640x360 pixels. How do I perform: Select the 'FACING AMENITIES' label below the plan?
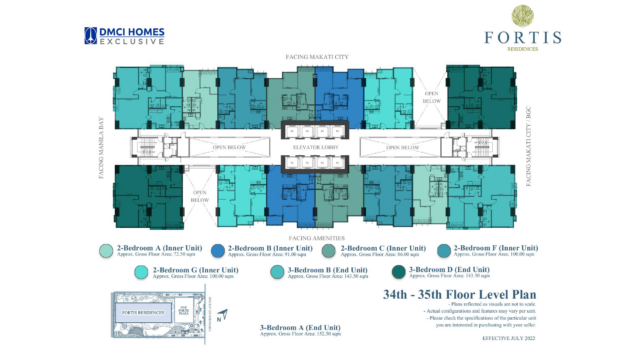[320, 238]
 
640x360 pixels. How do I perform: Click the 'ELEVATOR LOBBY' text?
[320, 150]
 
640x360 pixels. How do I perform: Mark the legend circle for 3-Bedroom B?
[275, 272]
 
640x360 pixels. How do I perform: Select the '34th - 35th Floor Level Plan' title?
[439, 297]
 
